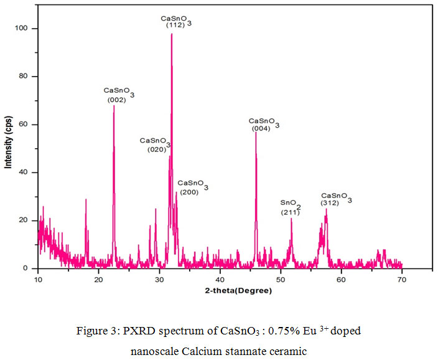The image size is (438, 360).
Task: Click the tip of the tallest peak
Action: tap(172, 34)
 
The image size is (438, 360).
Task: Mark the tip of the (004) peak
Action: tap(256, 132)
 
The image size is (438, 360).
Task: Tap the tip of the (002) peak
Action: tap(114, 105)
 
